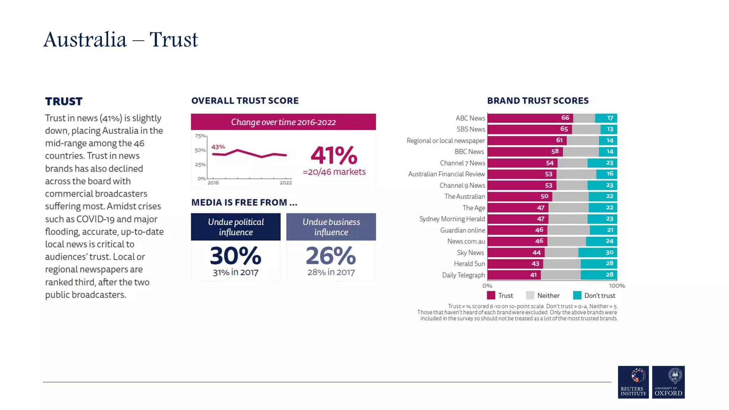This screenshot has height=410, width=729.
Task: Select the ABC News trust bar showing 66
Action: pos(530,118)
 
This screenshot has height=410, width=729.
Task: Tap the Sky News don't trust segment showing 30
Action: pos(598,252)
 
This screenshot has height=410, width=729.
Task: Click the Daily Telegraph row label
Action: pos(463,275)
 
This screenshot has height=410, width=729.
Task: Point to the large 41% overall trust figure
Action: pos(334,155)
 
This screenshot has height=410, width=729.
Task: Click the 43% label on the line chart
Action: pos(218,147)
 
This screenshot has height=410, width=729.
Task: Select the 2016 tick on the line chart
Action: pos(213,183)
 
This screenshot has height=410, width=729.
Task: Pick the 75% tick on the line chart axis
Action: pos(200,136)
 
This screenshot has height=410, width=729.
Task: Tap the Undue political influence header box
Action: pos(236,227)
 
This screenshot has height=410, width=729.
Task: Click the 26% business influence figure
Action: pos(331,256)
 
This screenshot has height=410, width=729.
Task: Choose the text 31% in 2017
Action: pos(236,272)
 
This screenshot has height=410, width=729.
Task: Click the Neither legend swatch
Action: pos(530,295)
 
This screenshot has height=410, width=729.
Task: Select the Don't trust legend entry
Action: pos(594,295)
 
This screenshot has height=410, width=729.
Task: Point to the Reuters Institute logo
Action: pos(633,382)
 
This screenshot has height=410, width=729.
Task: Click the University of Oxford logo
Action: pos(668,382)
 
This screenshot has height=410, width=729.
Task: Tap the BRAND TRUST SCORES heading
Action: pos(537,101)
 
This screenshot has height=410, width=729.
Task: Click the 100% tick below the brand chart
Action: pos(617,286)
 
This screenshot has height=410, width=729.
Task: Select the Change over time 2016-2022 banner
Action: pos(283,122)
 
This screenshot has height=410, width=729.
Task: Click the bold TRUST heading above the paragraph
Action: pos(64,101)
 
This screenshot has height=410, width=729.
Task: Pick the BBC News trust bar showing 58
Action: pos(525,152)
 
